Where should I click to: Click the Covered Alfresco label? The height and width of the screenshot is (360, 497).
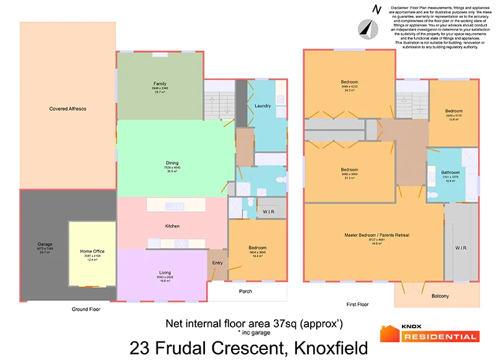pos(68,109)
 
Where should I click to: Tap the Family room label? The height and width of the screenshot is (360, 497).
pos(160,84)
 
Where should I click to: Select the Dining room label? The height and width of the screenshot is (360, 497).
pos(172,163)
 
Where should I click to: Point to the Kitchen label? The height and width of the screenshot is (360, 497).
pos(172,226)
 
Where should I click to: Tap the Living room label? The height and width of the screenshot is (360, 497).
pos(165,272)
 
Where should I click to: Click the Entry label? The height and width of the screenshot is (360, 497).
pos(217,263)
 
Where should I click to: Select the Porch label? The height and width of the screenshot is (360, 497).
pos(246,291)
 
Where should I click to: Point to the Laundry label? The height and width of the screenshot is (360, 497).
pos(263,106)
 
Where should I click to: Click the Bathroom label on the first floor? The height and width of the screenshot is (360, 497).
pos(450,172)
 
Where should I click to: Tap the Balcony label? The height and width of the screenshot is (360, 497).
pos(440,296)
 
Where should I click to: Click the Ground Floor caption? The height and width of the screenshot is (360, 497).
pos(86,308)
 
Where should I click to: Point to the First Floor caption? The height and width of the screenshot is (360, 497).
pos(357,305)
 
